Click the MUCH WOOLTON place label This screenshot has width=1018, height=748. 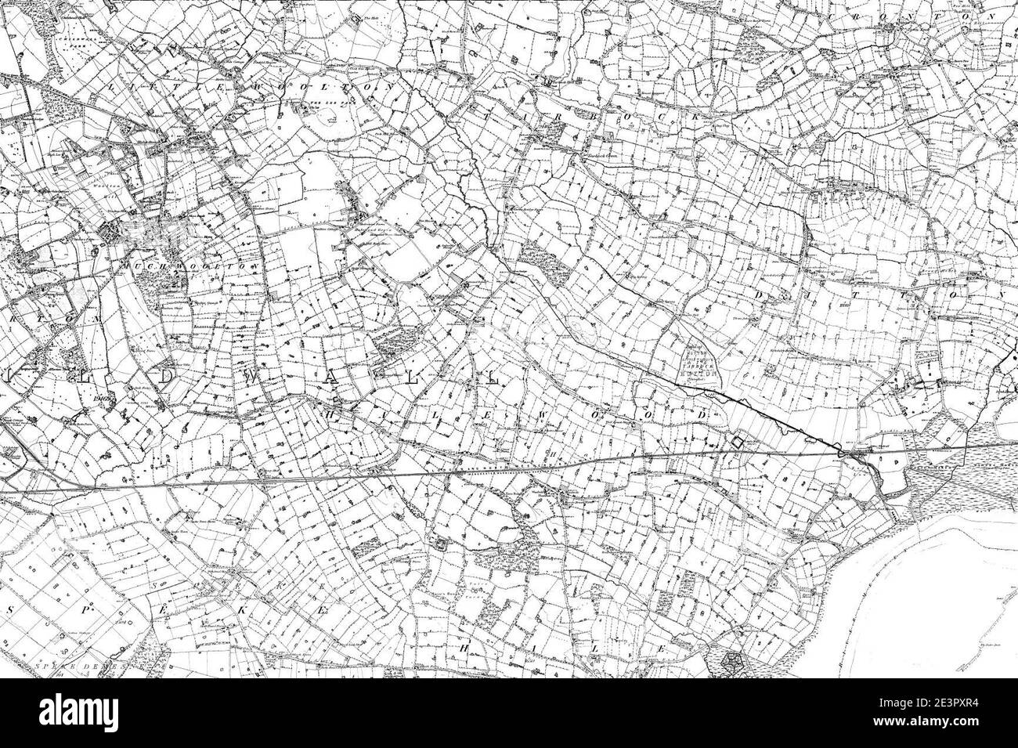(157, 266)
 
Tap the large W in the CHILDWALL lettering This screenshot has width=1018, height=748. (249, 377)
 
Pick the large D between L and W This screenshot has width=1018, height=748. (166, 377)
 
